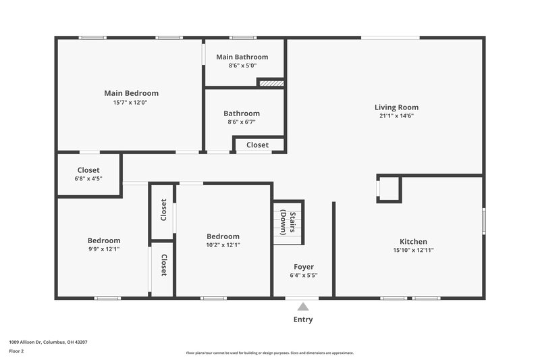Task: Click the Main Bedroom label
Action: [131, 93]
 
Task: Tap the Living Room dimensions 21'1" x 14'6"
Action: [396, 115]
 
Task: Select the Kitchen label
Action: [413, 241]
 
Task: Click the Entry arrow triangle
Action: [303, 307]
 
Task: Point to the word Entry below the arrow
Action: [303, 319]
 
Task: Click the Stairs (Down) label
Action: [289, 222]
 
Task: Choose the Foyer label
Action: [303, 267]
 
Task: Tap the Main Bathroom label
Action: [242, 57]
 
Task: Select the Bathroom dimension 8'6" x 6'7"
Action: [242, 122]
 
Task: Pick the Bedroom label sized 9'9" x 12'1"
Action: [104, 240]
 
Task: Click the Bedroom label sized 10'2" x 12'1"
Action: [223, 236]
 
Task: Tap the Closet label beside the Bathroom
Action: [257, 145]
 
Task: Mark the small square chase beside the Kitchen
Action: [389, 188]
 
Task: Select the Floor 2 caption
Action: [17, 351]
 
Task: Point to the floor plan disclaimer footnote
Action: [269, 353]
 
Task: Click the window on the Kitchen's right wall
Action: [483, 222]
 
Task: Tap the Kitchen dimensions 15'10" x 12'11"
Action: [413, 250]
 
